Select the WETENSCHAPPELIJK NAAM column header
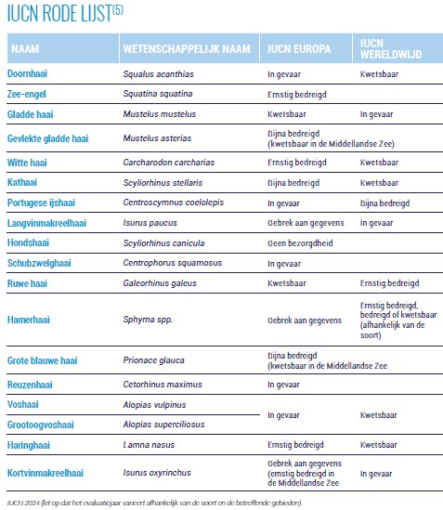[x=187, y=49]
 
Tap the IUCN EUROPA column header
[x=299, y=49]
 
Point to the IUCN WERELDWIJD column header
[x=391, y=49]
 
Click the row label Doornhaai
[x=27, y=73]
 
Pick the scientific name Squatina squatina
[x=158, y=94]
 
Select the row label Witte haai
[x=27, y=163]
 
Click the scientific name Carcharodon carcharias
[x=169, y=163]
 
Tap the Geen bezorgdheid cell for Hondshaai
[x=300, y=243]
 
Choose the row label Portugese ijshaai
[x=41, y=203]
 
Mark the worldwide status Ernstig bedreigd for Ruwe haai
[x=390, y=283]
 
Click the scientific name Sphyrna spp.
[x=148, y=320]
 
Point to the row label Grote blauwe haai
[x=43, y=360]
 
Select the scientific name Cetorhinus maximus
[x=163, y=385]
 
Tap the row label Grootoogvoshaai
[x=41, y=425]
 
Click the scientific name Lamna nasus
[x=149, y=445]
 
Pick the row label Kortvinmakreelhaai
[x=46, y=473]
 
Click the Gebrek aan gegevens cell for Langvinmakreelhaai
[x=306, y=223]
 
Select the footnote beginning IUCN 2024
[x=154, y=503]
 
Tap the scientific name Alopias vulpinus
[x=154, y=405]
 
